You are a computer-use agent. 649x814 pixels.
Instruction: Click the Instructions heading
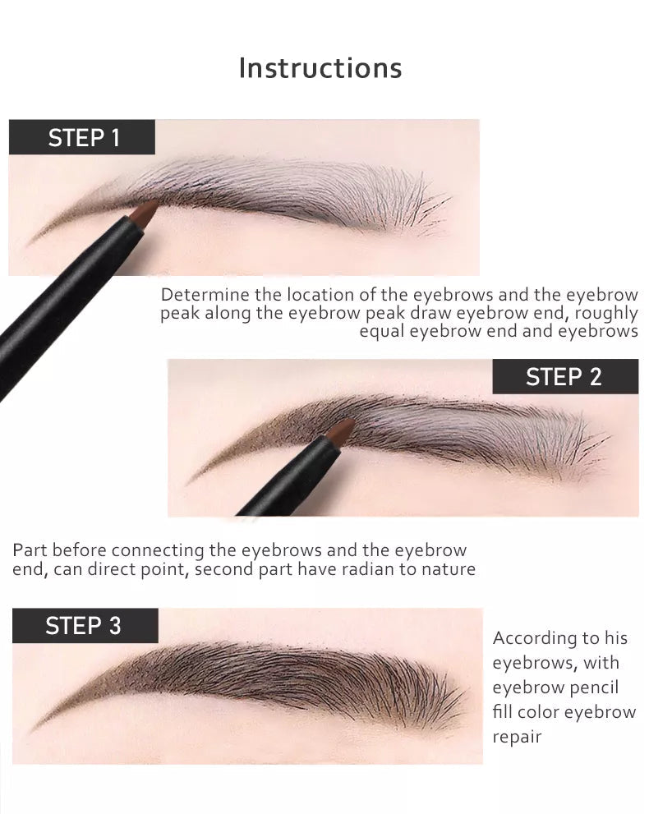tap(320, 68)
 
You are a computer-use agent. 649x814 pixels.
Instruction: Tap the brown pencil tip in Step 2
tap(340, 432)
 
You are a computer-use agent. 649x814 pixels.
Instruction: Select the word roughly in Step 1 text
tap(606, 314)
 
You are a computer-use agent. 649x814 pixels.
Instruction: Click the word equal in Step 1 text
tap(382, 332)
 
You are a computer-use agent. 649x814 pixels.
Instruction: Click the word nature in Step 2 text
tap(448, 570)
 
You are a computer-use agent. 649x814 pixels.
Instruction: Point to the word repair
tap(517, 737)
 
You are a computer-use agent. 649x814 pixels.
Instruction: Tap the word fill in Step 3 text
tap(503, 711)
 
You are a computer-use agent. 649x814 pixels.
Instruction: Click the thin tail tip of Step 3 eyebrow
tap(32, 730)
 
